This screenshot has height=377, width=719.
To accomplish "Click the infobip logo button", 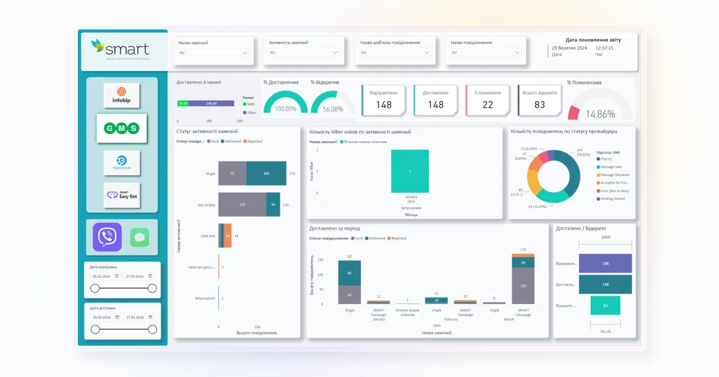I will pyautogui.click(x=122, y=95).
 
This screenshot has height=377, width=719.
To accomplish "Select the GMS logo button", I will pyautogui.click(x=122, y=128).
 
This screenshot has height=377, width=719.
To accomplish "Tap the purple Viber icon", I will pyautogui.click(x=107, y=237).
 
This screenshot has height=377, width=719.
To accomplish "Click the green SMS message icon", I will pyautogui.click(x=140, y=238).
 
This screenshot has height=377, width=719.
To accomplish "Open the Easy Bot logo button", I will pyautogui.click(x=122, y=195).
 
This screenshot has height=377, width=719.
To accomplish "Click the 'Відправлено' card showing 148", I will pyautogui.click(x=383, y=100).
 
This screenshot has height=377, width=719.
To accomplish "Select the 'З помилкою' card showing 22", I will pyautogui.click(x=487, y=100).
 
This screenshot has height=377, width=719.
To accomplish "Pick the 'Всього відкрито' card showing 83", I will pyautogui.click(x=539, y=100).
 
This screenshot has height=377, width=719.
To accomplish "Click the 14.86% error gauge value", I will pyautogui.click(x=600, y=114).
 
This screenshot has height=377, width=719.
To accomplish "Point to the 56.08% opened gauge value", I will pyautogui.click(x=333, y=110).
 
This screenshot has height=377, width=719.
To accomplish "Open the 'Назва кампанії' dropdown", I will pyautogui.click(x=213, y=53).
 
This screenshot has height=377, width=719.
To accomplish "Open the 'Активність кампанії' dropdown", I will pyautogui.click(x=304, y=53).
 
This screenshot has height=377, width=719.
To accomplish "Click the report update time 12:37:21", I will pyautogui.click(x=604, y=48).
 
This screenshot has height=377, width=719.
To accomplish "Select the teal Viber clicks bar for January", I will pyautogui.click(x=410, y=171).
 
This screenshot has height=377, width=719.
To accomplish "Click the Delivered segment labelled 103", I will pyautogui.click(x=266, y=174).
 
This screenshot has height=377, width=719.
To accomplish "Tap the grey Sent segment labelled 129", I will pyautogui.click(x=242, y=205).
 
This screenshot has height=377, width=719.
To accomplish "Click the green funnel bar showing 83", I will pyautogui.click(x=605, y=305).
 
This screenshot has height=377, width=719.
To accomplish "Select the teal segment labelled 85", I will pyautogui.click(x=349, y=273).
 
